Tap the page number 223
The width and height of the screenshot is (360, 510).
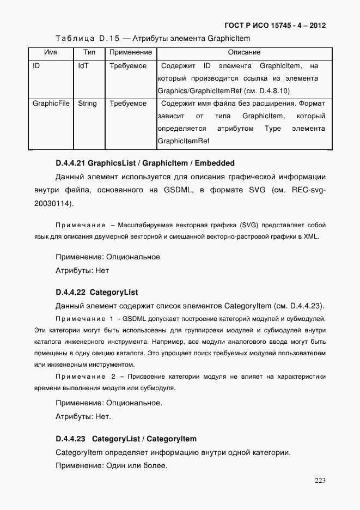pos(320,480)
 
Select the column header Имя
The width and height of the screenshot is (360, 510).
pos(51,53)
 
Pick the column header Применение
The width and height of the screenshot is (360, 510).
pos(130,53)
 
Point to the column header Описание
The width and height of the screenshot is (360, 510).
pos(244,53)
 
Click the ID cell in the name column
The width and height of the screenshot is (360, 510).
pos(36,66)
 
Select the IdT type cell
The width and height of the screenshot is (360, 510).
pos(83,66)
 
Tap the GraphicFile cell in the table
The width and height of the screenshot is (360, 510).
pos(51,104)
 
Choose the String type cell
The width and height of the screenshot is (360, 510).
pos(87,104)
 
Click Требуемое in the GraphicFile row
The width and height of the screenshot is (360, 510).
pos(128,104)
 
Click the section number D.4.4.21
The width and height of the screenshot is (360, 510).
pos(70,163)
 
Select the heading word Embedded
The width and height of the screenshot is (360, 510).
pos(215,163)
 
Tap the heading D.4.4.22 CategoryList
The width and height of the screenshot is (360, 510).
pos(96,292)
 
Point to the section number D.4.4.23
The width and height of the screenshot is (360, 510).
pos(70,439)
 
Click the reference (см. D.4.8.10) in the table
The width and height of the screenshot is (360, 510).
pos(267,91)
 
